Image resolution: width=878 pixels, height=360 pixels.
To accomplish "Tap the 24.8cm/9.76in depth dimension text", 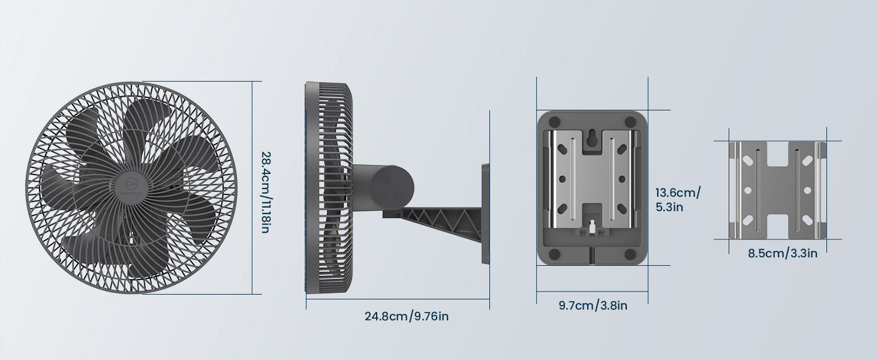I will [406, 316].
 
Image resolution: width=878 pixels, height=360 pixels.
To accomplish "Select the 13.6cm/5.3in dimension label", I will [678, 200].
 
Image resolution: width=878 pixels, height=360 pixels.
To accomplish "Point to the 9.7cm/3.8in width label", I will [593, 305].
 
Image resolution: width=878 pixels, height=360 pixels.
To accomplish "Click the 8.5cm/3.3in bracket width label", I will [782, 253].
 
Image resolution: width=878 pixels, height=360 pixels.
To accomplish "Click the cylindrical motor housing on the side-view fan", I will [384, 187].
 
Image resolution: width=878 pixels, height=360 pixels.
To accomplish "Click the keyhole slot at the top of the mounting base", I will [592, 137].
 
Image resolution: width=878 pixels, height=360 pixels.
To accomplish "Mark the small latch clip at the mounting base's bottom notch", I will [592, 229].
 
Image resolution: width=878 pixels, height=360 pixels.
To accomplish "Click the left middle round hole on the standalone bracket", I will [747, 190].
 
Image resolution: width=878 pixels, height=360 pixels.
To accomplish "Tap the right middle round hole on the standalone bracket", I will [807, 190].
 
